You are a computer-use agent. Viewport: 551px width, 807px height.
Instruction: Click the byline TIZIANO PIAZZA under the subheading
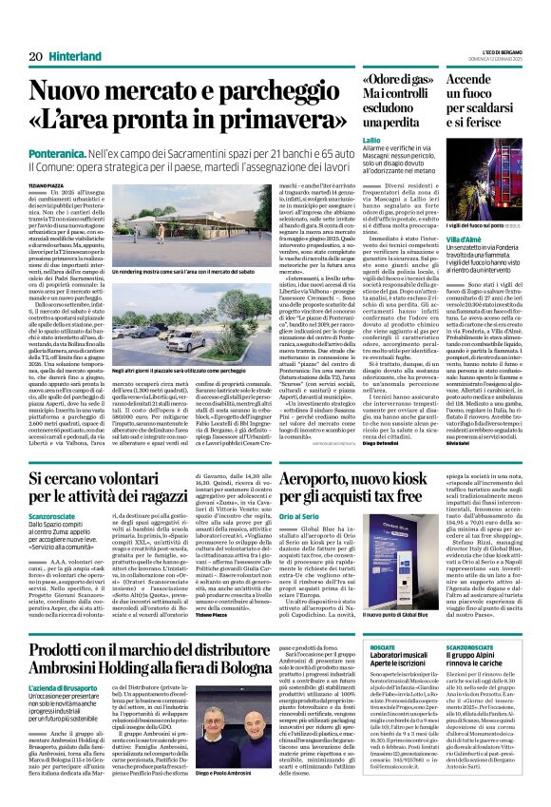(x=49, y=184)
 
